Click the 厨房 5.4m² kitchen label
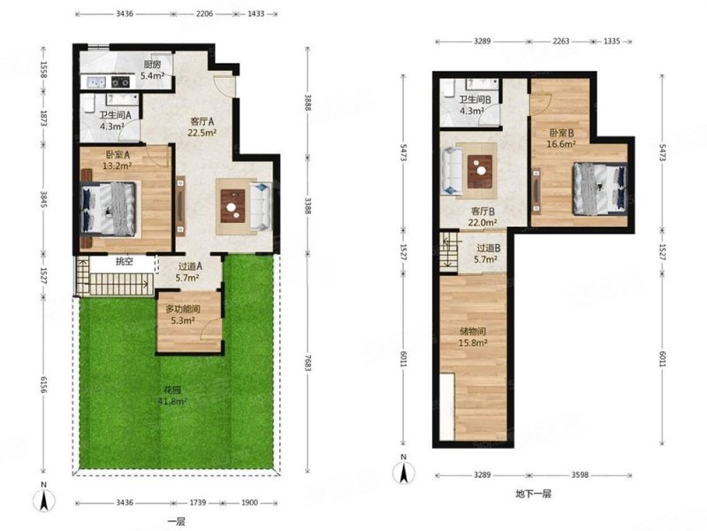[x=152, y=70]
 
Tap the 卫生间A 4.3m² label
[x=115, y=120]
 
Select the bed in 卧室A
[x=108, y=209]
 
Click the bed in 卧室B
[x=600, y=189]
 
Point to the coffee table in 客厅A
[x=232, y=206]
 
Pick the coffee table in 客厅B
[x=480, y=172]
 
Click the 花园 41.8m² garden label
[x=172, y=396]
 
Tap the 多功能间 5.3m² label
[x=183, y=315]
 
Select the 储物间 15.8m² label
[x=473, y=337]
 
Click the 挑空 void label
[x=124, y=261]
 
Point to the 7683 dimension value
[x=308, y=363]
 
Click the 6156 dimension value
[x=43, y=385]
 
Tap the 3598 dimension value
[x=580, y=475]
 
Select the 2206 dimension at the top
[x=204, y=13]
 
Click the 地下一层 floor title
[x=534, y=494]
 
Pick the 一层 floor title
[x=176, y=521]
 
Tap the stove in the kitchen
[x=120, y=81]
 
